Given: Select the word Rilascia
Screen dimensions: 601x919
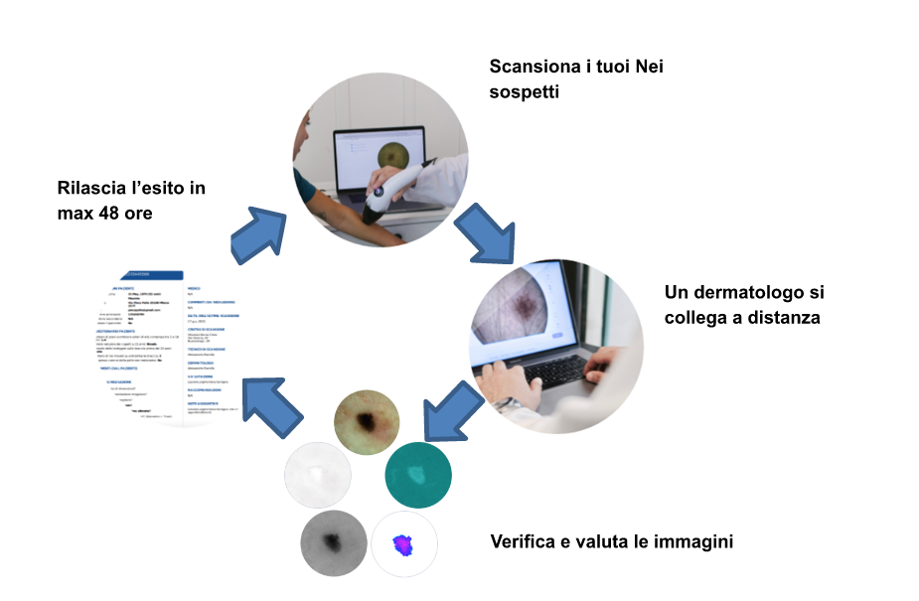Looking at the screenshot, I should coord(94,187).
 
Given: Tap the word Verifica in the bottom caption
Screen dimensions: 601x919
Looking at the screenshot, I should coord(525,542).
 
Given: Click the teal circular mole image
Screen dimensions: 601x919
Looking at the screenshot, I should coord(417,475).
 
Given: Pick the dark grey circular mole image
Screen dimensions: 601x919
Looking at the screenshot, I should coord(333,541).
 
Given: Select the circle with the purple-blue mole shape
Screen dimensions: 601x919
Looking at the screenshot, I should coord(403,543).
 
